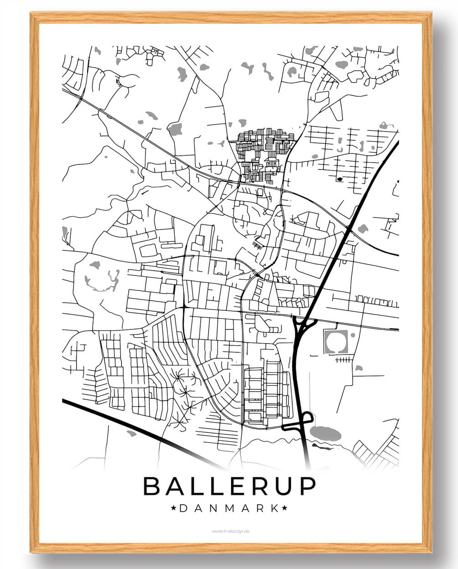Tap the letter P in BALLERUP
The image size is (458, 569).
pyautogui.click(x=307, y=486)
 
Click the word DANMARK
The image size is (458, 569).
pyautogui.click(x=229, y=508)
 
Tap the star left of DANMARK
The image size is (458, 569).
pyautogui.click(x=173, y=508)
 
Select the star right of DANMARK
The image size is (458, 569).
pyautogui.click(x=285, y=508)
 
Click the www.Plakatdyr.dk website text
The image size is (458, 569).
pyautogui.click(x=230, y=531)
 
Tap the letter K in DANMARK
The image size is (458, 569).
pyautogui.click(x=274, y=508)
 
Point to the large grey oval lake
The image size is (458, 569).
pyautogui.click(x=325, y=433)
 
